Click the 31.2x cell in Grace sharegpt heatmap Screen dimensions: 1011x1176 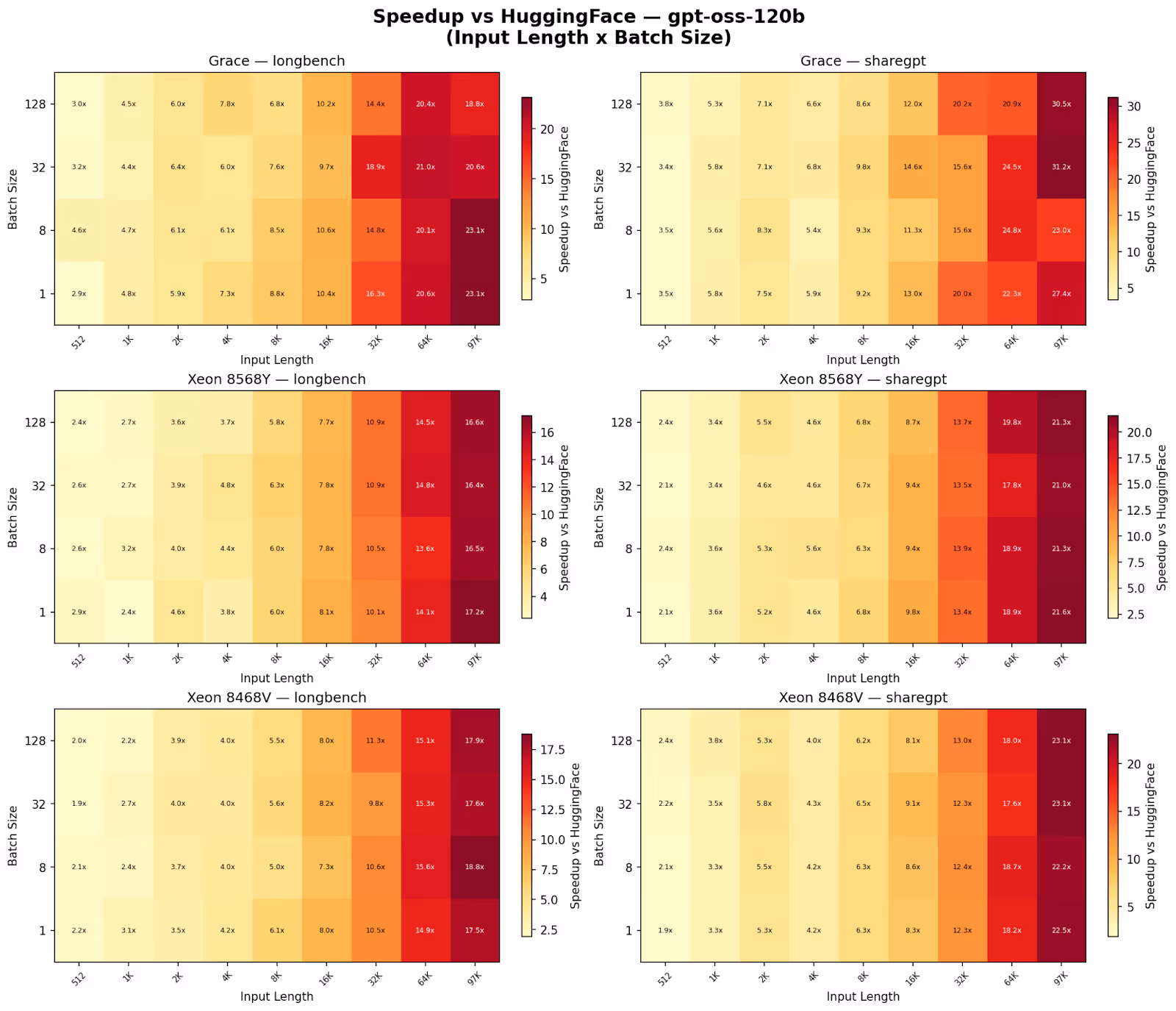coord(1061,167)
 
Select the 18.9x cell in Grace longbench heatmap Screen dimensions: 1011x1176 coord(376,167)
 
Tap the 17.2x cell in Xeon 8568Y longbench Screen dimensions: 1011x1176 coord(474,612)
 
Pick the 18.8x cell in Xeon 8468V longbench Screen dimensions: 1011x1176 coord(474,867)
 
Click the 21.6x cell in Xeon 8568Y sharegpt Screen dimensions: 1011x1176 coord(1061,612)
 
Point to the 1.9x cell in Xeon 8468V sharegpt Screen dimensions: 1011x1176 coord(665,930)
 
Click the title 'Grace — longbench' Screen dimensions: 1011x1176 coord(276,61)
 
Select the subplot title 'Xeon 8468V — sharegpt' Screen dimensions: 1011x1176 coord(863,697)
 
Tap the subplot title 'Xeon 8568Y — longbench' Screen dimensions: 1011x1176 coord(276,379)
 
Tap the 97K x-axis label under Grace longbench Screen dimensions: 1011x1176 coord(473,340)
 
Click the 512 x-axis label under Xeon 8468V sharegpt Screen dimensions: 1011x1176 coord(664,977)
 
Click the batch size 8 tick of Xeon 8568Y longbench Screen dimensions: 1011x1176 coord(42,549)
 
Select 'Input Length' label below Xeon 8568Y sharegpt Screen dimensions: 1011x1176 coord(863,678)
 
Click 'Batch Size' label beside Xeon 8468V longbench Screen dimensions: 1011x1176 coord(12,835)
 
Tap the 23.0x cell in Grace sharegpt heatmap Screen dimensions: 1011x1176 coord(1061,230)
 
